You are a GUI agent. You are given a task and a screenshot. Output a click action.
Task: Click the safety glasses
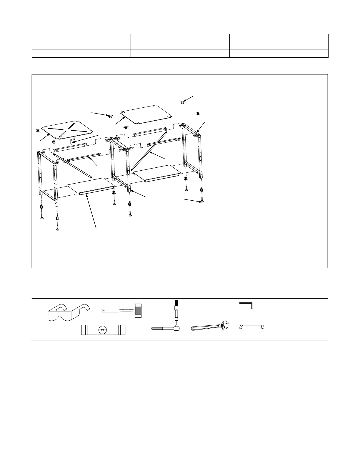point(69,312)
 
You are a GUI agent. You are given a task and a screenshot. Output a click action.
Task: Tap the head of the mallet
point(138,310)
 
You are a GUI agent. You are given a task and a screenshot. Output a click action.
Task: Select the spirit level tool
point(103,330)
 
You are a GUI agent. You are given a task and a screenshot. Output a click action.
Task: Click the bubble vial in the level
point(103,330)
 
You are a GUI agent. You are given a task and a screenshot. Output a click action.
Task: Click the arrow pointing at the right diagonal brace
point(157,156)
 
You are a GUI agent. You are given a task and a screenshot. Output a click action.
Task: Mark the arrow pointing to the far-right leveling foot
point(194,201)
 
